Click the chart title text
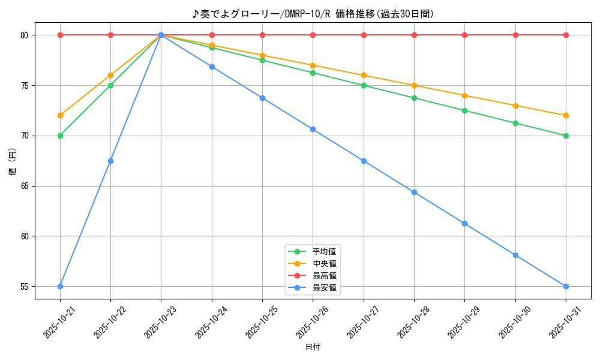(x=313, y=14)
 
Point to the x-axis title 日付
(x=313, y=347)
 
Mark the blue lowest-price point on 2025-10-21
(x=60, y=286)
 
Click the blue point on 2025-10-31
(x=566, y=286)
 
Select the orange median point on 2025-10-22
(x=110, y=75)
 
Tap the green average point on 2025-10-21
(x=60, y=136)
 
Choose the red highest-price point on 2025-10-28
(x=414, y=35)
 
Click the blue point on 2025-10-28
(x=414, y=192)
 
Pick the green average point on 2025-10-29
(x=464, y=110)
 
